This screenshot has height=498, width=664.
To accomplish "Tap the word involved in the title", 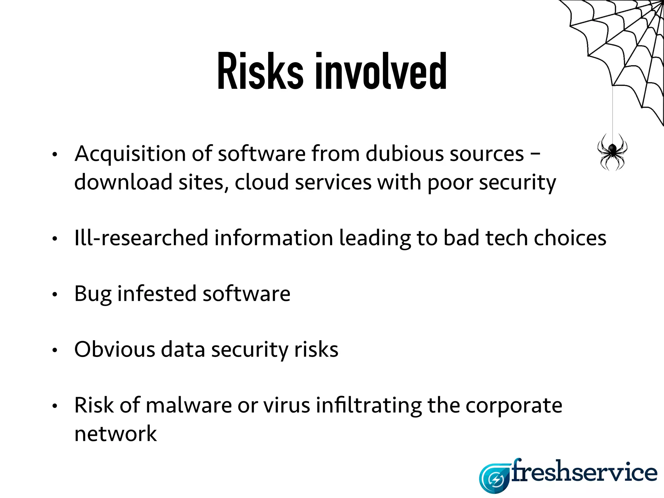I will click(x=381, y=71).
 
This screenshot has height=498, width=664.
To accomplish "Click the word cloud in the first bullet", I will click(x=261, y=182).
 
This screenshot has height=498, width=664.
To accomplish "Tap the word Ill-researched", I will click(x=141, y=238).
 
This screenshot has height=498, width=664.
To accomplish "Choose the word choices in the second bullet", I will click(x=570, y=238).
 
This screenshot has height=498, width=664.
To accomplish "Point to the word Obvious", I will click(x=115, y=350).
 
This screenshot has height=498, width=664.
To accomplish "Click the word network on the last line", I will click(x=115, y=434).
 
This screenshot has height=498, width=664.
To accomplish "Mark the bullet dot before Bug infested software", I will click(x=55, y=294).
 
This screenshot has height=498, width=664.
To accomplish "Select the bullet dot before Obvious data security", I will click(x=55, y=350).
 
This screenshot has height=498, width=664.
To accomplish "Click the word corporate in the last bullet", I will click(x=514, y=406).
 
